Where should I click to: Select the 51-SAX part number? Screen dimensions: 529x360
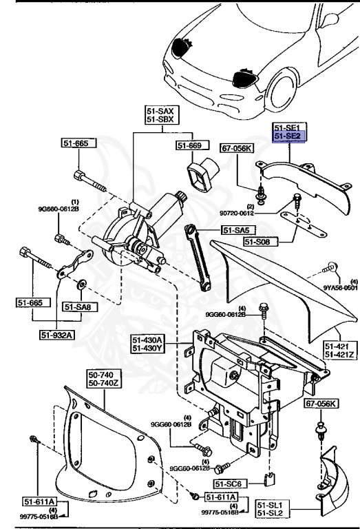pos(162,110)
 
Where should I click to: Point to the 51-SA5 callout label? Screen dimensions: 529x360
pos(236,230)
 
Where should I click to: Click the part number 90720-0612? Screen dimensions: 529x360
pos(262,215)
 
